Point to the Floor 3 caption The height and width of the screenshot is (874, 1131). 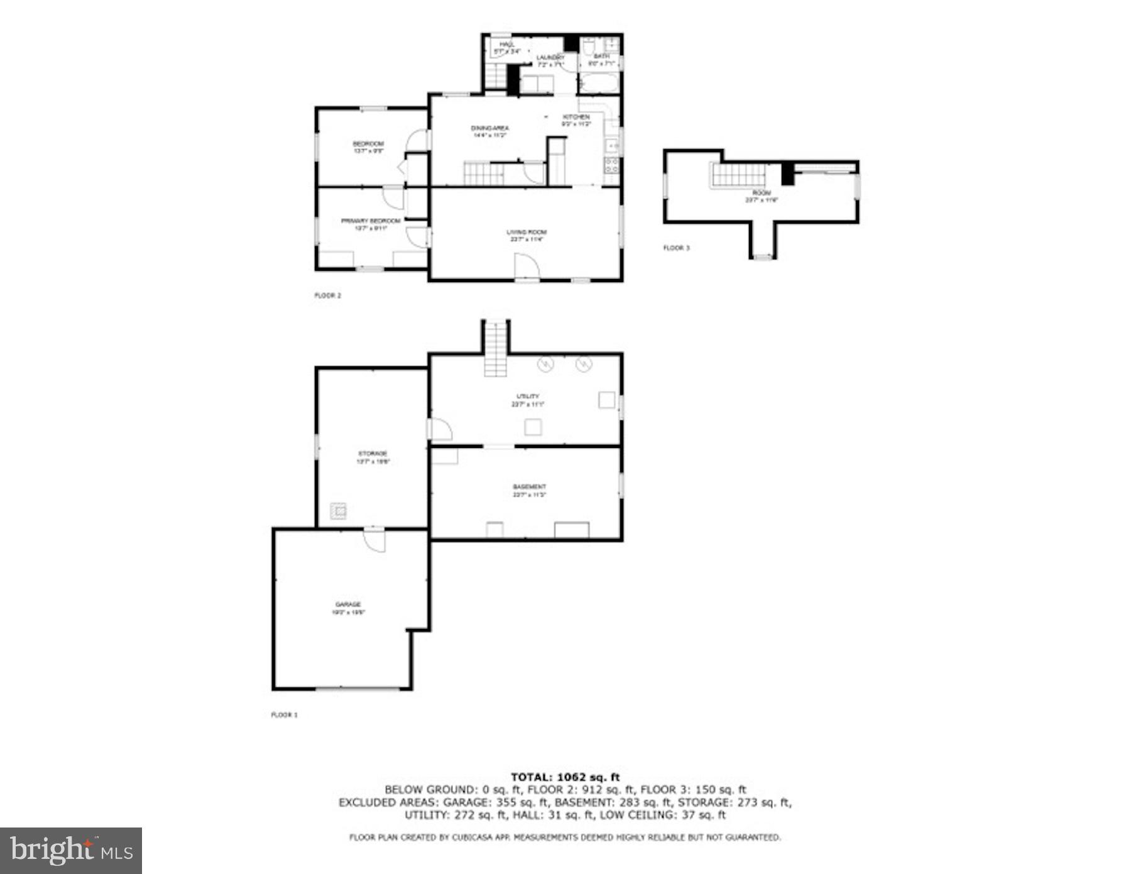pos(677,248)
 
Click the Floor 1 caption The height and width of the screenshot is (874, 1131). pos(284,715)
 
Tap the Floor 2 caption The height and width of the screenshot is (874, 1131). pos(328,295)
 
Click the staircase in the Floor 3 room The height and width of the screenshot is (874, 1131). pos(739,175)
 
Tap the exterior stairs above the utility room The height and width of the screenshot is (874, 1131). pos(496,349)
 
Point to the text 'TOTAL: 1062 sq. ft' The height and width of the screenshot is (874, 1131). pos(565,777)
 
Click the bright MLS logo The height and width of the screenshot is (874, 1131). pos(70,851)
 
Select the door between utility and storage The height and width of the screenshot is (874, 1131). pos(440,429)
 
